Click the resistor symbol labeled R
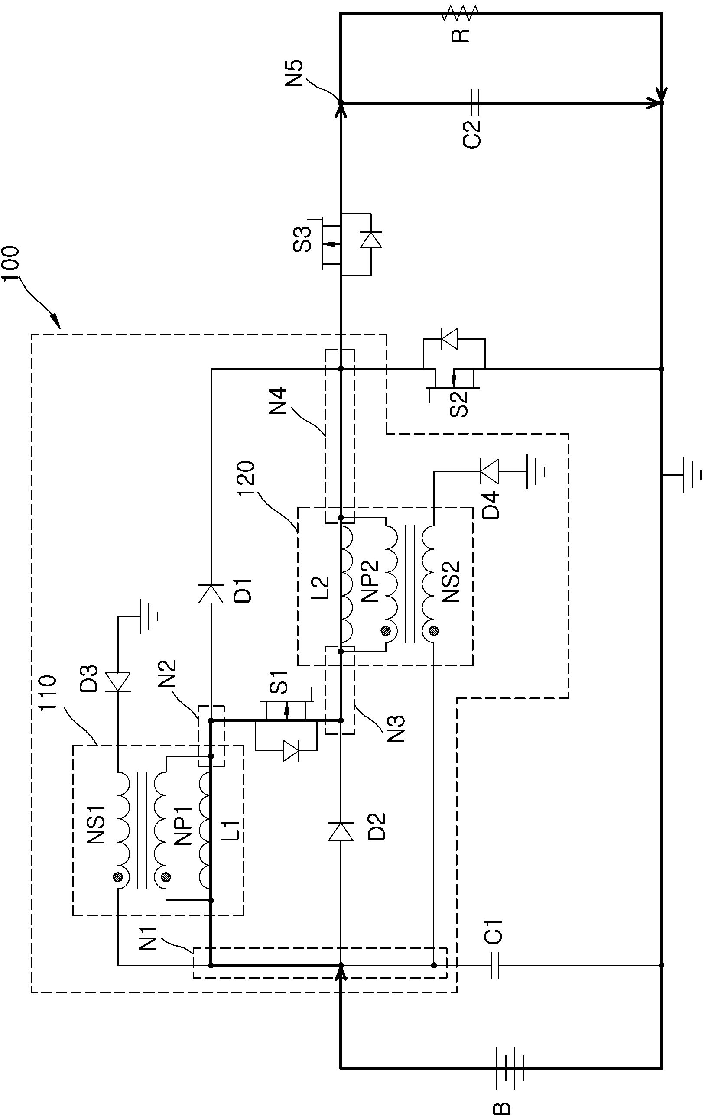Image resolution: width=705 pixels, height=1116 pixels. point(459,13)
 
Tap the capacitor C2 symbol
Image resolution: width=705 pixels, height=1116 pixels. point(474,103)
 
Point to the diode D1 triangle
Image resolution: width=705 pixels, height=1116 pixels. point(211,594)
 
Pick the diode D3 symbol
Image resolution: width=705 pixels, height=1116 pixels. point(118,682)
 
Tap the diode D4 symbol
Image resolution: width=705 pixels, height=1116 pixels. point(489,471)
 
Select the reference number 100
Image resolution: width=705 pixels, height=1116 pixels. point(10,263)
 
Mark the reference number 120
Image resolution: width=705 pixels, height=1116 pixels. point(246,479)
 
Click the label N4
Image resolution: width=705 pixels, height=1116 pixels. point(278,401)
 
